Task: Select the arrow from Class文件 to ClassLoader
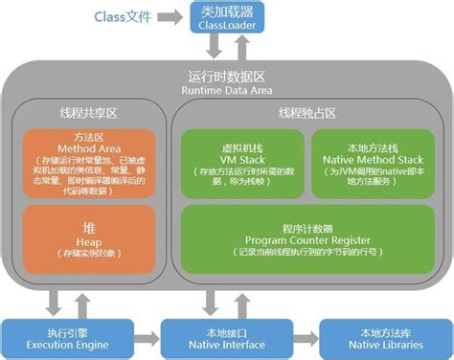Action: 171,18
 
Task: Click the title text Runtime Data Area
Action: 227,90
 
